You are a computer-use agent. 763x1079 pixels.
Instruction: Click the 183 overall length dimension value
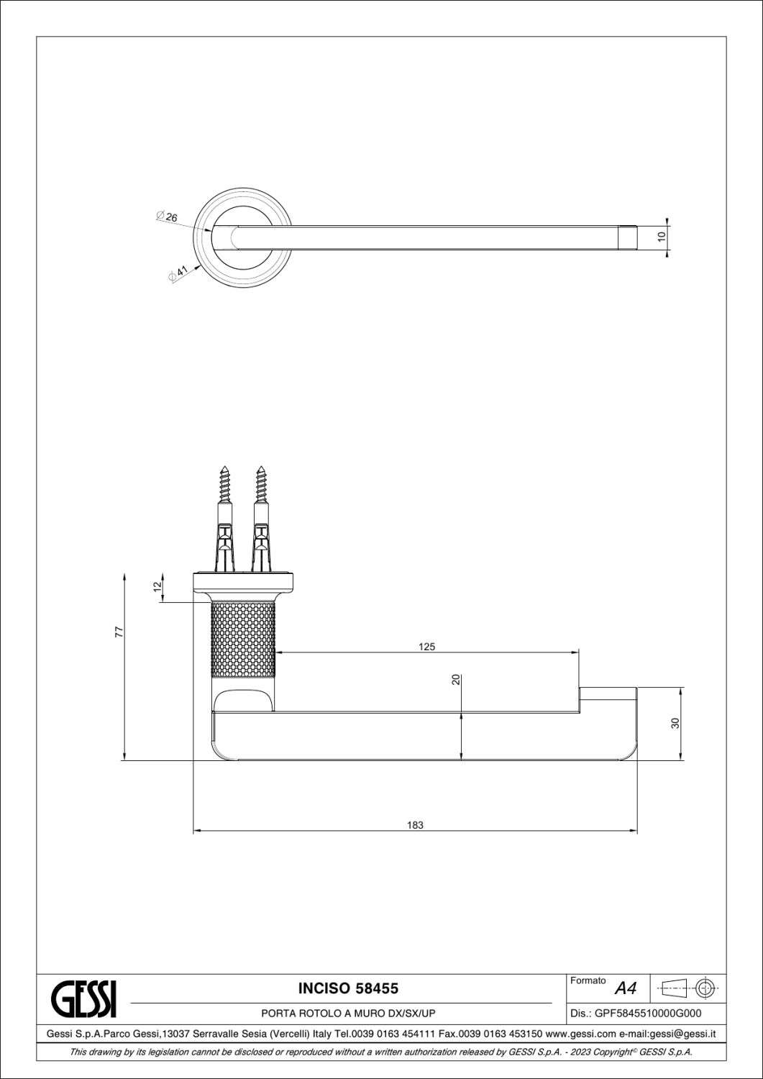[x=415, y=825]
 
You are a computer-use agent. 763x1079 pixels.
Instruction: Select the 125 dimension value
[x=426, y=647]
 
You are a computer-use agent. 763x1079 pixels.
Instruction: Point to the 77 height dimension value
[x=120, y=632]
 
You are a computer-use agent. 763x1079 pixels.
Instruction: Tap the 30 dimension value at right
[x=675, y=723]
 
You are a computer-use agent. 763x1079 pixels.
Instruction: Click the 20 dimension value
[x=455, y=680]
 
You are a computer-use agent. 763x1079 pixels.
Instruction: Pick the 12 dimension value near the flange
[x=157, y=587]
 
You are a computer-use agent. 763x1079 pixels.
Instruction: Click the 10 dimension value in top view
[x=661, y=235]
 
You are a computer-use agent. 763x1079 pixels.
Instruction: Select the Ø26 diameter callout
[x=167, y=217]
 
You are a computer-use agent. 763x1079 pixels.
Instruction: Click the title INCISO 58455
[x=347, y=988]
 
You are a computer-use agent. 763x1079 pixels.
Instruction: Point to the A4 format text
[x=626, y=989]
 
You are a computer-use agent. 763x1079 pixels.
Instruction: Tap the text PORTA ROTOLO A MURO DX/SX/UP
[x=348, y=1014]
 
